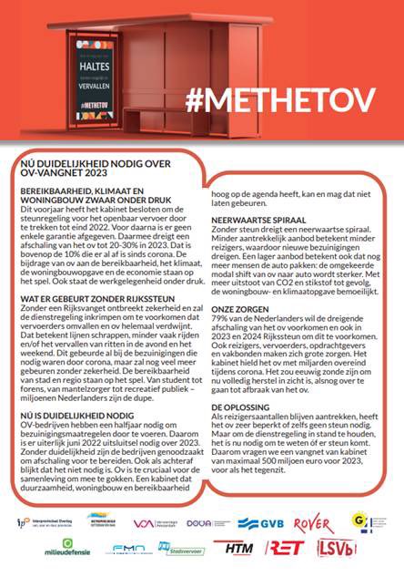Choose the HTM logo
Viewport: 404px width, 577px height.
coord(238,548)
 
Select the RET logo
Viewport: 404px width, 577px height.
coord(285,548)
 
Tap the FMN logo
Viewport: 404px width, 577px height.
coord(127,549)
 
